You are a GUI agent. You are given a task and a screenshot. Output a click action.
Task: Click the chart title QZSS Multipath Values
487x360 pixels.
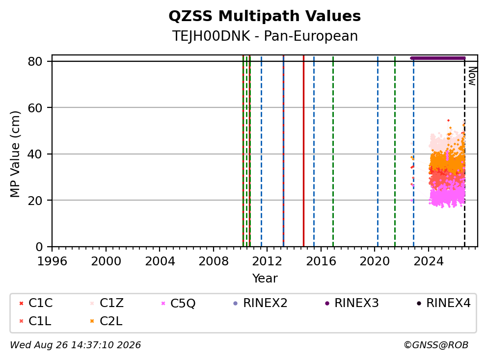coord(265,16)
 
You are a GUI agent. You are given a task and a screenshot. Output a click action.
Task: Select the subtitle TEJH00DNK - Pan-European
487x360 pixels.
coord(265,36)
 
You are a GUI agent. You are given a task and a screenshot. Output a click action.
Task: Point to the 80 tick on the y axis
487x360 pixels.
coord(35,61)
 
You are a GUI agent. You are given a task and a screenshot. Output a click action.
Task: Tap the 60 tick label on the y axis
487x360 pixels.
coord(35,108)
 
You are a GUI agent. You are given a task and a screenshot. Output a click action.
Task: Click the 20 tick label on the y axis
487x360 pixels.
coord(35,201)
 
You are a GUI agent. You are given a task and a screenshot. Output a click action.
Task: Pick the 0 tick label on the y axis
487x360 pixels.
coord(39,247)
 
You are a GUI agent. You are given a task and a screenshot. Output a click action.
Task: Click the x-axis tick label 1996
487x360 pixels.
coord(52,261)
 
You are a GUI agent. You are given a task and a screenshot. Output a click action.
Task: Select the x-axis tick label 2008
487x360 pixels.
coord(214,261)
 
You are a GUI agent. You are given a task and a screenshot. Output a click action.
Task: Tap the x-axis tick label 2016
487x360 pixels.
coord(321,261)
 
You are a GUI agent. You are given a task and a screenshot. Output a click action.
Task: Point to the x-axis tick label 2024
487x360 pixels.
coord(429,261)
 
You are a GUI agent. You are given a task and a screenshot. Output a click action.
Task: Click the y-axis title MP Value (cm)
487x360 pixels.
coord(15,154)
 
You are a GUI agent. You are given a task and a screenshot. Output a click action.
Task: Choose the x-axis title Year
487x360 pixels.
coord(265,279)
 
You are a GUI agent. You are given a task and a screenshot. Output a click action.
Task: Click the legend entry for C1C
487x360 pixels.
coord(36,303)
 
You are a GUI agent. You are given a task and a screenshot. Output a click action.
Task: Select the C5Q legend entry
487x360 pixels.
coord(178,303)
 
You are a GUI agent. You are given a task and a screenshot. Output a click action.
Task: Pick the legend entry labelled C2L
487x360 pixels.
coord(106,321)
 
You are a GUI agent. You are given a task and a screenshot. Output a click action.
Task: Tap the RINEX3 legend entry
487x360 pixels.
coord(352,303)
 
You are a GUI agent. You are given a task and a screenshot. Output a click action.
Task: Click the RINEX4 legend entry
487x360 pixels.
coord(444,303)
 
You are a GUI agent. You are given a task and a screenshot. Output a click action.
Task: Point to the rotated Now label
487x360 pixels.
coord(472,77)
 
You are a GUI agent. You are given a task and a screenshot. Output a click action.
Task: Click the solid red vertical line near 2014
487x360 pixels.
coord(303,151)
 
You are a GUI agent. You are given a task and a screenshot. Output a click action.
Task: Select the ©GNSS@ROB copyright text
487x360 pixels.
coord(436,345)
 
